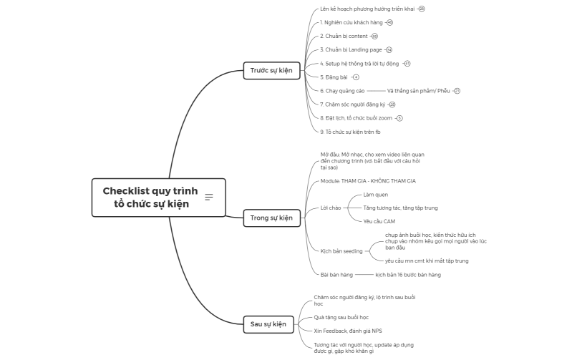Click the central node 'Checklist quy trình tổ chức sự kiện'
click(150, 198)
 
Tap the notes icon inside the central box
click(209, 197)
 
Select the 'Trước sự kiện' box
click(271, 70)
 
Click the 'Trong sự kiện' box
click(271, 218)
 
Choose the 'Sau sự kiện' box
click(268, 324)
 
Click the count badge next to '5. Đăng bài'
click(356, 77)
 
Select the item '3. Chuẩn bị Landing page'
click(351, 50)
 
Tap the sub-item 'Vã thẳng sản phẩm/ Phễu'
click(419, 91)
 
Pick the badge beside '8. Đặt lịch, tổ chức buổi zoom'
click(399, 118)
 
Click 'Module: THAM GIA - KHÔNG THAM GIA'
click(368, 181)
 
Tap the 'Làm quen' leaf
click(375, 194)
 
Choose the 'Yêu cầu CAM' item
click(379, 221)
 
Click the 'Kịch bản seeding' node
click(341, 251)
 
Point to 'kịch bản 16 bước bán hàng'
click(407, 275)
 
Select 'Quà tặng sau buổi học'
click(341, 317)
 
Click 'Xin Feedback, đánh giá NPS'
click(347, 331)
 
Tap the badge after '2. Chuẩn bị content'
click(374, 37)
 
